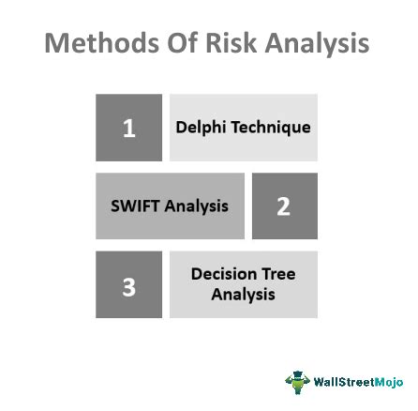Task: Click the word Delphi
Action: (x=202, y=101)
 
